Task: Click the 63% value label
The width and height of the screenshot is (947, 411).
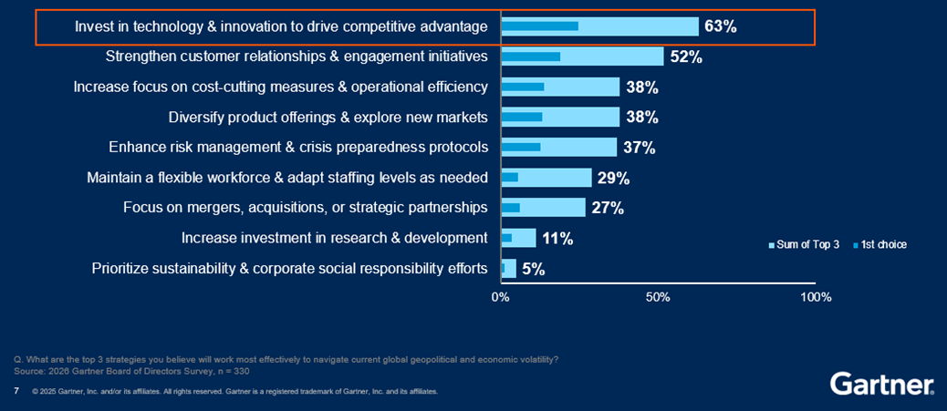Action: click(x=720, y=26)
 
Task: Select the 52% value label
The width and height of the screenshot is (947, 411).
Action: click(x=685, y=57)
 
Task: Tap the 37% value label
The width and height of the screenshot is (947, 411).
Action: click(x=639, y=148)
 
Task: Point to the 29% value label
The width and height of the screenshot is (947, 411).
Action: click(x=613, y=178)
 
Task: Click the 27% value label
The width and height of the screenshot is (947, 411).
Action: click(x=607, y=208)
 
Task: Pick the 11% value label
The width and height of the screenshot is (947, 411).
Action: click(x=557, y=239)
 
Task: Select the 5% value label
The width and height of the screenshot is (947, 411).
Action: click(x=533, y=269)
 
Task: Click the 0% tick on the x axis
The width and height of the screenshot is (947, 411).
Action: click(x=500, y=297)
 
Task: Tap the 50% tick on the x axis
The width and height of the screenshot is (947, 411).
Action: click(x=658, y=297)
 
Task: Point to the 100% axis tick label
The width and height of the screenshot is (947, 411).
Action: click(x=815, y=297)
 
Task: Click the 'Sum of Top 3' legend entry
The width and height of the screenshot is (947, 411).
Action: click(x=804, y=244)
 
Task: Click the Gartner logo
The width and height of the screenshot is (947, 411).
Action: click(x=881, y=384)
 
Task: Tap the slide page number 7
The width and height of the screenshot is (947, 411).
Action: click(x=16, y=391)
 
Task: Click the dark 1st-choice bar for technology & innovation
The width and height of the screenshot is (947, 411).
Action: click(x=539, y=26)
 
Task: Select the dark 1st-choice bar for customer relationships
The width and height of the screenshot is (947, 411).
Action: click(x=530, y=57)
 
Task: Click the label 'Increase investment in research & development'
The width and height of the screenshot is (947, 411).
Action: click(x=334, y=238)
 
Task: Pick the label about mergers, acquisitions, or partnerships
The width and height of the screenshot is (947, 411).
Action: click(x=305, y=208)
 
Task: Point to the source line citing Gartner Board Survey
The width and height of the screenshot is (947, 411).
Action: click(x=132, y=371)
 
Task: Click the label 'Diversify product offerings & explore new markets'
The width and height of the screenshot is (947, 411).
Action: click(x=328, y=117)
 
